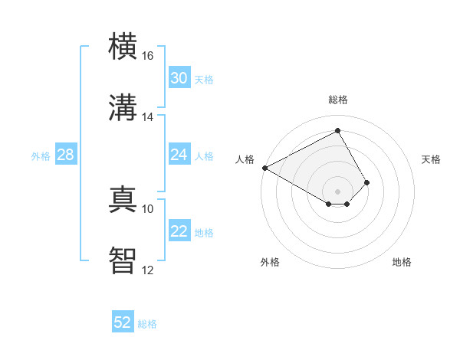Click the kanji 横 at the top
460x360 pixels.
(x=123, y=47)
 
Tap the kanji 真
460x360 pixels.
(x=123, y=200)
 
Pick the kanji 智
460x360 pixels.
(x=123, y=261)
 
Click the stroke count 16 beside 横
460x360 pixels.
(x=147, y=56)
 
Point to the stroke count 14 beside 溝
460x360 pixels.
(x=147, y=116)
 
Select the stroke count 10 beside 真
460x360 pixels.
(x=147, y=208)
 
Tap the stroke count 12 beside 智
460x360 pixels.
(x=147, y=270)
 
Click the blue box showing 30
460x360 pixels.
(x=179, y=78)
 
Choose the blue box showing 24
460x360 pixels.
(x=179, y=155)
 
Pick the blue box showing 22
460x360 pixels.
(x=179, y=231)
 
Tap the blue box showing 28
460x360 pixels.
(x=65, y=155)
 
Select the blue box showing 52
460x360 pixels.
(x=123, y=322)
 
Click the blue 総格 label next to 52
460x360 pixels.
(x=147, y=324)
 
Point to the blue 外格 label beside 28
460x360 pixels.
(x=41, y=156)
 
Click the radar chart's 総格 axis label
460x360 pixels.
(x=337, y=100)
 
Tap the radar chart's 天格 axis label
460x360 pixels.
(x=432, y=159)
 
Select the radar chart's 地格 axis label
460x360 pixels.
(x=402, y=263)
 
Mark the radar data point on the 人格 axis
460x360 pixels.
(x=264, y=168)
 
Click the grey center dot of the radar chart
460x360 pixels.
(x=337, y=191)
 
